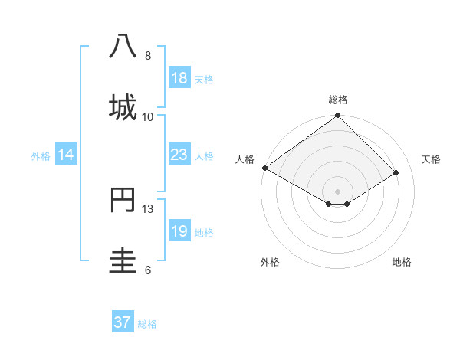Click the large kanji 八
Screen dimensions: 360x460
123,46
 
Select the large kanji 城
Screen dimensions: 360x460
123,106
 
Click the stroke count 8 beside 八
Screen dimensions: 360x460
148,55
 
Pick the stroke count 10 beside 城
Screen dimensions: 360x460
148,116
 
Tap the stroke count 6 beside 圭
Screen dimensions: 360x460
148,270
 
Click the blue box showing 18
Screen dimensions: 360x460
179,78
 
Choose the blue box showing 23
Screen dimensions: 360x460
179,155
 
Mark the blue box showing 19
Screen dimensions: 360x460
179,231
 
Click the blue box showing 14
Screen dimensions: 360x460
66,155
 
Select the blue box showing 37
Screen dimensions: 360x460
122,322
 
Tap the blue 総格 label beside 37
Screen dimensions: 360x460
147,324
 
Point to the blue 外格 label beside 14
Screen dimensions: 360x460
41,156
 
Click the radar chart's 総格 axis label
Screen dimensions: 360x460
338,100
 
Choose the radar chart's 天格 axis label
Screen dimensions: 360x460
432,159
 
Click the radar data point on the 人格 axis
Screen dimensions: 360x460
264,168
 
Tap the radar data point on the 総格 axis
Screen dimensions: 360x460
338,116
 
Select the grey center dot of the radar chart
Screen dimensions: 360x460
338,191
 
